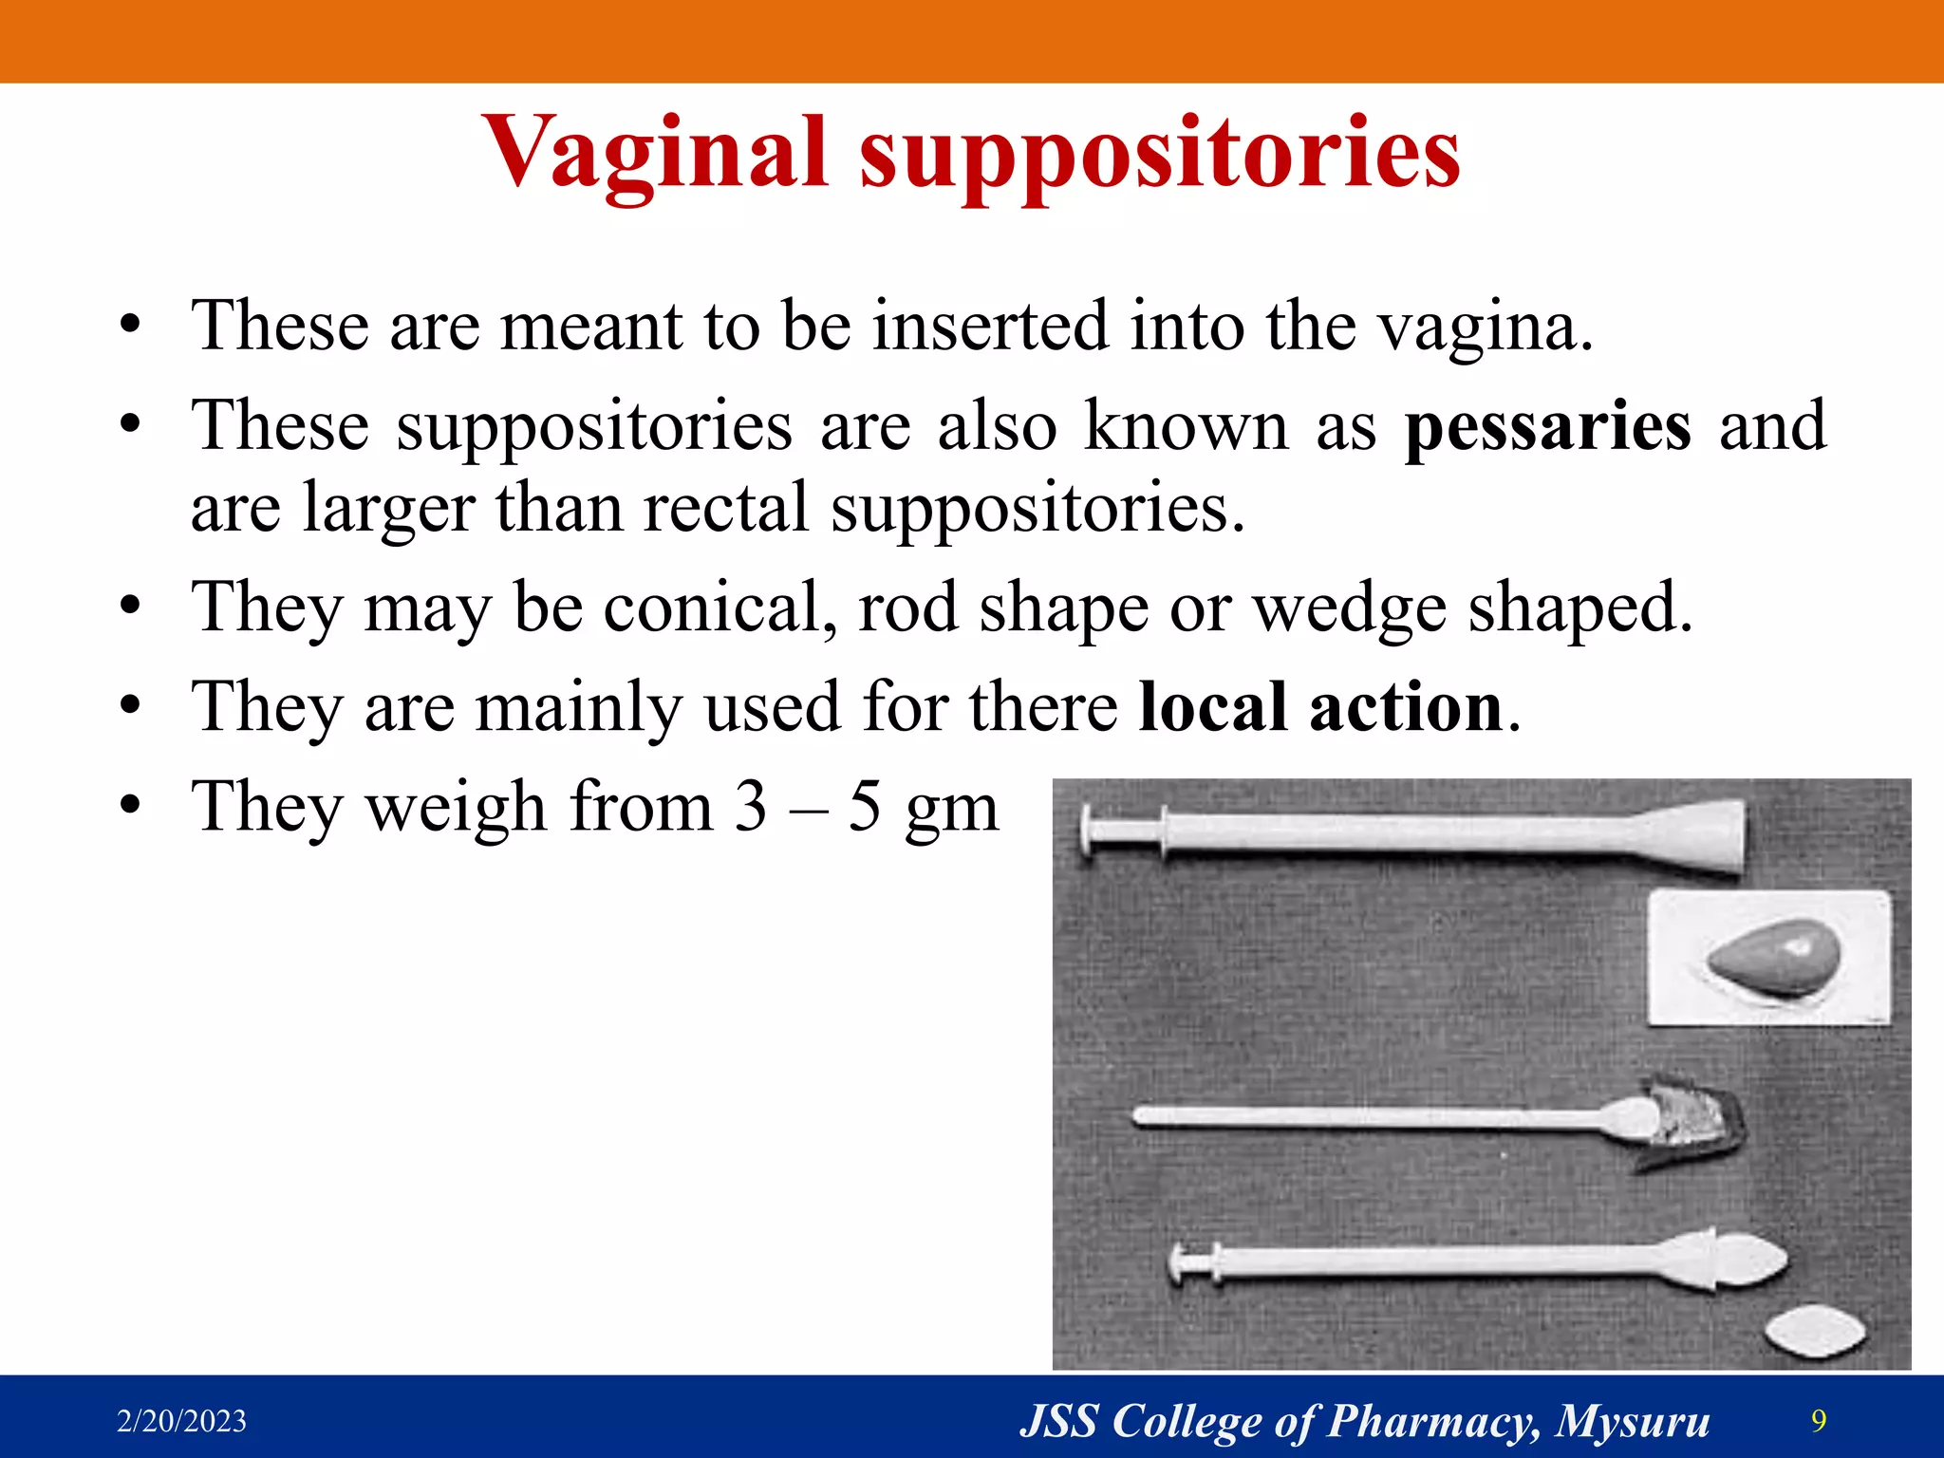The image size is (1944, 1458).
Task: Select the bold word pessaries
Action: click(1547, 427)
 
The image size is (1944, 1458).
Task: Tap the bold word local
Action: click(1212, 707)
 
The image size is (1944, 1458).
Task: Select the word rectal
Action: click(726, 508)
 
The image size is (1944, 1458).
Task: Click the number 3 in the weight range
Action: click(750, 807)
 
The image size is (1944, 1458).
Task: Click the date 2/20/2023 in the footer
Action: click(181, 1421)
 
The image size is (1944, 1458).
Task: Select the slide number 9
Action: click(1819, 1420)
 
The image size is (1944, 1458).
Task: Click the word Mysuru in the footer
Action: click(1633, 1421)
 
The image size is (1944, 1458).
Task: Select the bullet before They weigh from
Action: click(130, 807)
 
